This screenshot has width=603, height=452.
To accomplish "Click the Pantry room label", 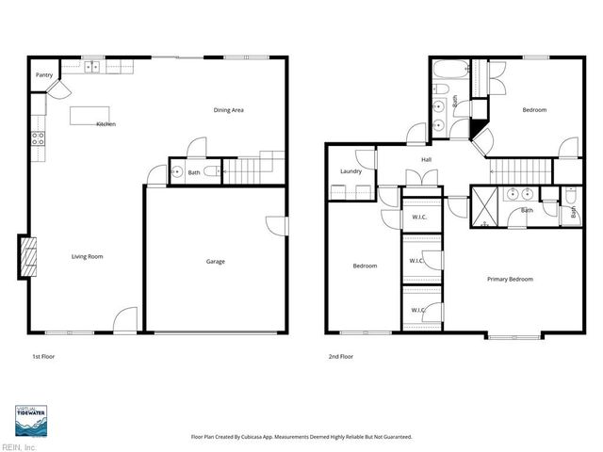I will (x=43, y=74).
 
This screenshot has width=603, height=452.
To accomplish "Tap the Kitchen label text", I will (x=106, y=124).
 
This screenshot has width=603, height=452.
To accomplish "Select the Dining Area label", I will (x=229, y=110).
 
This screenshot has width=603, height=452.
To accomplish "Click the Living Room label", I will (x=88, y=256).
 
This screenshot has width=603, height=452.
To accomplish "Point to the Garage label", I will (x=216, y=262).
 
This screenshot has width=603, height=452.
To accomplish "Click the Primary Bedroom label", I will (x=510, y=279).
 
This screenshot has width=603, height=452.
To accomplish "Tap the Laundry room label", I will (x=350, y=171).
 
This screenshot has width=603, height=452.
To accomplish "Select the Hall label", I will (x=426, y=159).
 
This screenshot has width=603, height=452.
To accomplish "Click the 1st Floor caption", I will (x=43, y=357).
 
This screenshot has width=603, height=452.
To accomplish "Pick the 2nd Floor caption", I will (x=341, y=357).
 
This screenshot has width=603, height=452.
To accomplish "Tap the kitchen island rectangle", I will (x=90, y=115).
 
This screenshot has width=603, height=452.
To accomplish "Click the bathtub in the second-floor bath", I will (x=446, y=70).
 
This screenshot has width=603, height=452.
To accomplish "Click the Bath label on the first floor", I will (x=193, y=172).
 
